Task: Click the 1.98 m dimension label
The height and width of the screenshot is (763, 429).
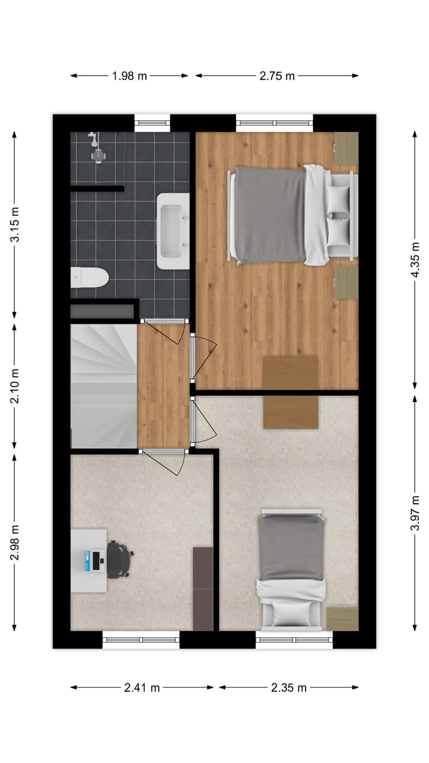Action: tap(129, 76)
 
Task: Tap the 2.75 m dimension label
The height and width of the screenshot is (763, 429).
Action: tap(277, 76)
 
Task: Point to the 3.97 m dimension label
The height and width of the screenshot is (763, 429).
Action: tap(415, 511)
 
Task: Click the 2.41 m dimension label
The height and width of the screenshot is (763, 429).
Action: tap(142, 687)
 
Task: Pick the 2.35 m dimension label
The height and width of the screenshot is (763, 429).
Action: tap(288, 687)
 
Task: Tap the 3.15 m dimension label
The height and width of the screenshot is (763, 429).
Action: tap(14, 224)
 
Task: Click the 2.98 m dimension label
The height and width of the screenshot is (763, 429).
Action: tap(14, 541)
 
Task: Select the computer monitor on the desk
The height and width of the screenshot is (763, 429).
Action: tap(95, 560)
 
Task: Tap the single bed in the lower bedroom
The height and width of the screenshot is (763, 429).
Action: tap(292, 569)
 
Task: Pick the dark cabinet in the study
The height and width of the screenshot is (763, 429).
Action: tap(203, 588)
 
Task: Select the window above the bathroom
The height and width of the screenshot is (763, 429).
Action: tap(153, 123)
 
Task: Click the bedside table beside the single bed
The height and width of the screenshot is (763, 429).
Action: tap(343, 618)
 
